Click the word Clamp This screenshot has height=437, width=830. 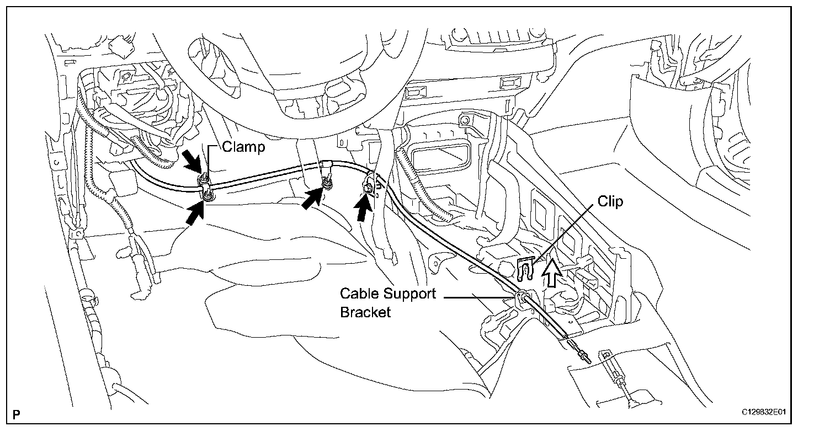tap(243, 147)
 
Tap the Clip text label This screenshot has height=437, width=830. tap(610, 202)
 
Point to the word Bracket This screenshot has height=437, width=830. tap(365, 312)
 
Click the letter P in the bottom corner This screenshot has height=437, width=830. tap(17, 413)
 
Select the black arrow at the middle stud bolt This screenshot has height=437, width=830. tap(313, 198)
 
